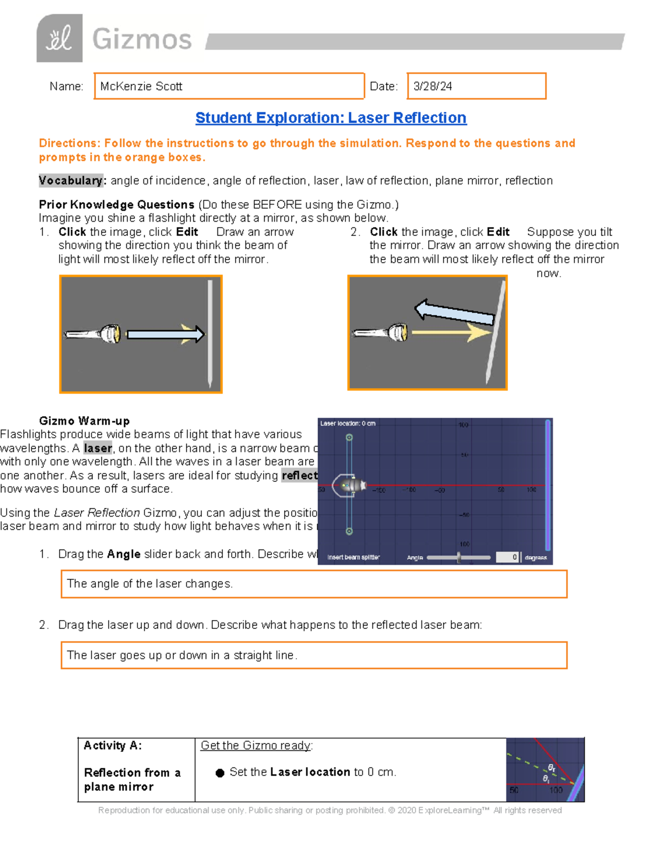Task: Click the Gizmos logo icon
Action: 60,39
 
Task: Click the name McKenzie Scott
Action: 141,87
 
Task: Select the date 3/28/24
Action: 433,87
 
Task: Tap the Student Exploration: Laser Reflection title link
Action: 330,118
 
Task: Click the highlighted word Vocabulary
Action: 71,181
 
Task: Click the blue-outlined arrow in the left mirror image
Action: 164,334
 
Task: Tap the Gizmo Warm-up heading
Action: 84,421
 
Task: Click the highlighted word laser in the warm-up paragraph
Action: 98,448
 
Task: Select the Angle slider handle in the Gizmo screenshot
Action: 458,557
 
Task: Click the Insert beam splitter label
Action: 354,557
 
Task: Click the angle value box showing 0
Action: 507,557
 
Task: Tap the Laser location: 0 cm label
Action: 348,423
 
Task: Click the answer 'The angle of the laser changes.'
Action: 150,584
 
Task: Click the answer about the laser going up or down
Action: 182,655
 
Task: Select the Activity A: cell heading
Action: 113,746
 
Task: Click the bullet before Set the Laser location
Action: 220,773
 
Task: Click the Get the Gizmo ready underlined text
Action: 256,746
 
